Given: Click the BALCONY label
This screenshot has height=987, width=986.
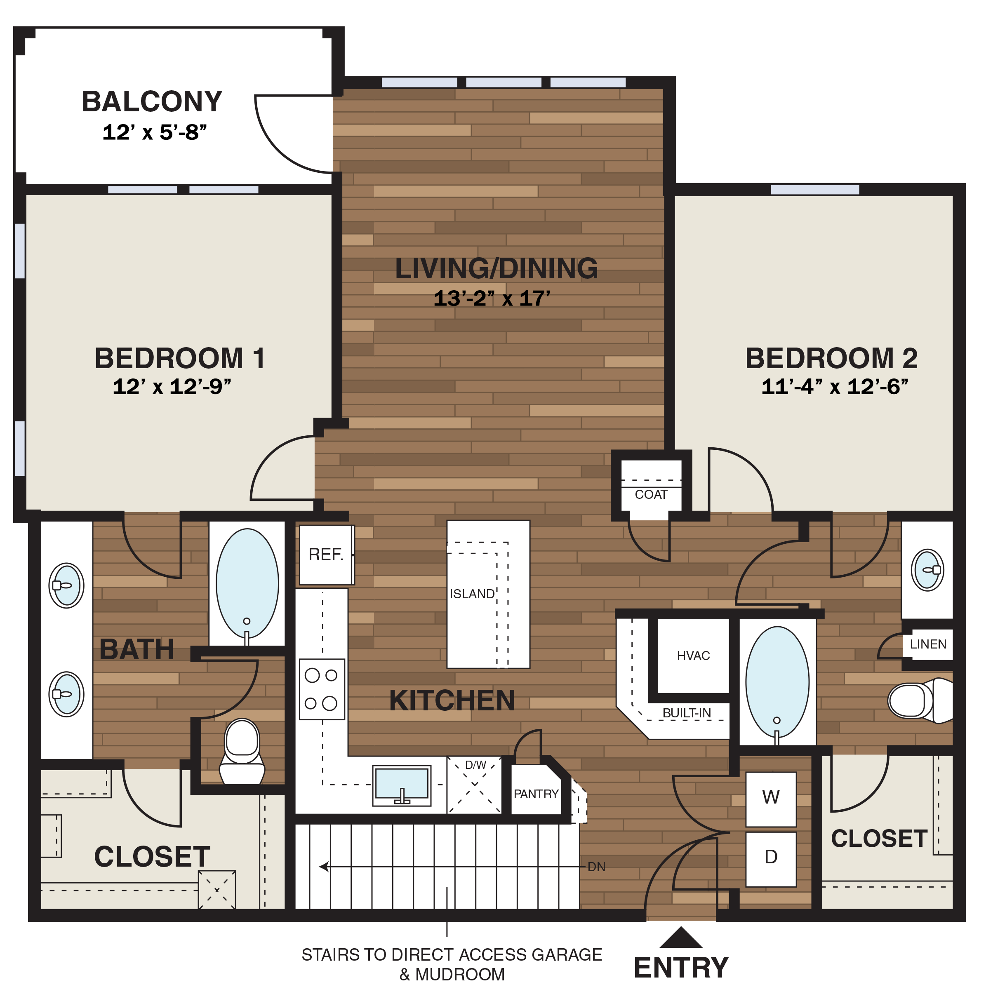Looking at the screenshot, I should [152, 102].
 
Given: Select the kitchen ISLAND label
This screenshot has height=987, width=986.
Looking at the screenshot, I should [471, 594].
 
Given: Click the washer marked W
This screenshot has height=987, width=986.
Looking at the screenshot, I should [770, 797].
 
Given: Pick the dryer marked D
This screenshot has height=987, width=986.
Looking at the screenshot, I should [770, 857].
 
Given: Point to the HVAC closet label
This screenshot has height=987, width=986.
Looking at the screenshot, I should [693, 656].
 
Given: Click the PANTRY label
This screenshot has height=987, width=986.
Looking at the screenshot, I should [536, 794].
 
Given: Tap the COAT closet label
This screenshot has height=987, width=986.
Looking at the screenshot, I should [651, 494].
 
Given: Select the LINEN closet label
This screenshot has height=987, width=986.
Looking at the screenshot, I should [928, 644].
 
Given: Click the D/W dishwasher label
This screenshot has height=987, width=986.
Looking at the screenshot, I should [475, 765].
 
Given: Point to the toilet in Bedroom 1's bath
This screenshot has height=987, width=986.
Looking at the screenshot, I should [242, 751].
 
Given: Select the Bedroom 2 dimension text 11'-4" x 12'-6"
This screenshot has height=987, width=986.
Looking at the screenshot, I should [835, 387].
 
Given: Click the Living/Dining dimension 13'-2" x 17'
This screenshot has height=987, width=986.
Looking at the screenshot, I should [492, 299].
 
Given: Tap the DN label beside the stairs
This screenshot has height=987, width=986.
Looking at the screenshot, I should [596, 867].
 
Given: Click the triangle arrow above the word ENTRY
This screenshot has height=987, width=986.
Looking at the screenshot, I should [681, 938].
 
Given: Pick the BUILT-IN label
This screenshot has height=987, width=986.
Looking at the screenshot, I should [686, 713].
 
